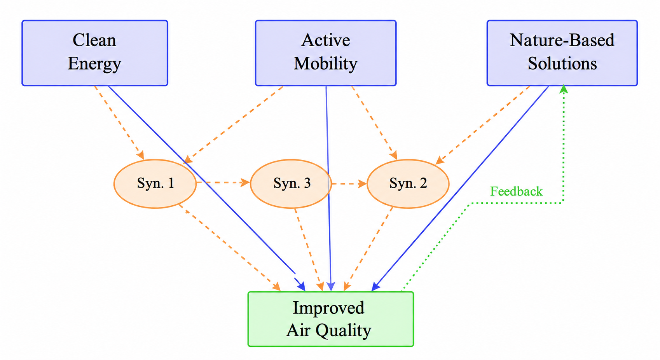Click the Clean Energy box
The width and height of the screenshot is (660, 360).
pos(95,53)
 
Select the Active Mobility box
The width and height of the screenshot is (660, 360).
pos(326,53)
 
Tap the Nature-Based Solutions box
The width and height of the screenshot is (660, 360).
pos(562,53)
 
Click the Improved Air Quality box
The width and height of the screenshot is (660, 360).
pos(331,319)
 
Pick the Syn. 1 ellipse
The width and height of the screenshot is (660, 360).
pos(155,184)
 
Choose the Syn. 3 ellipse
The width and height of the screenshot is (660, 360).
pos(291,184)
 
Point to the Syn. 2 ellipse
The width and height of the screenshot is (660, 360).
pos(408,184)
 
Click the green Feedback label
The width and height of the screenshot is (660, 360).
pos(516,192)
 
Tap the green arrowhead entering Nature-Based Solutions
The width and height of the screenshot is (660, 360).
pos(564,89)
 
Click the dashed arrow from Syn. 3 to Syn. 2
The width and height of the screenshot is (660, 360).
pos(349,184)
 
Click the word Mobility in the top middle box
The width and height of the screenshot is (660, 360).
pos(326,64)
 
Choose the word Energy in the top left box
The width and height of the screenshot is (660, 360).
pos(94,64)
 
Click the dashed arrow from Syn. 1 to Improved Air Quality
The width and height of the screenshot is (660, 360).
pos(230,248)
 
